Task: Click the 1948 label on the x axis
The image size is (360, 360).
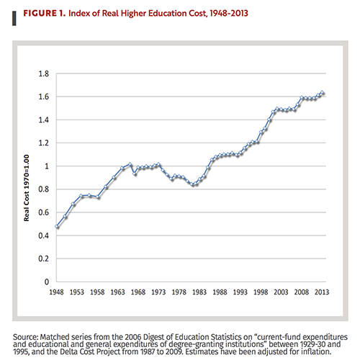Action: (x=57, y=294)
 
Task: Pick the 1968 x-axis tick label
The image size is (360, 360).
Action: (x=138, y=294)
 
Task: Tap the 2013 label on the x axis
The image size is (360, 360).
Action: (x=321, y=294)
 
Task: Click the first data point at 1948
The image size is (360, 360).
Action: (x=57, y=227)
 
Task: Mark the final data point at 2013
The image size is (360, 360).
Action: (x=321, y=93)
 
